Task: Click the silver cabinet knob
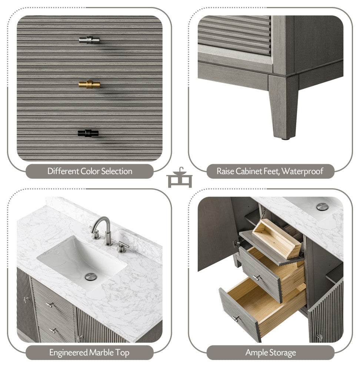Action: pos(89,40)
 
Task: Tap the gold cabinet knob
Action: pos(89,84)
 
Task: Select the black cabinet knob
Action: pos(88,133)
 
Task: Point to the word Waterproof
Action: pos(302,171)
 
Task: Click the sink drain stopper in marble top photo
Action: pos(91,277)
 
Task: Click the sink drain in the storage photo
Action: pos(322,207)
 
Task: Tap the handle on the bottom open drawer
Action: pos(236,318)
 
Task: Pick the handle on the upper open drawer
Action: pos(257,277)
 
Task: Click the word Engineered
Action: pos(69,353)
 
